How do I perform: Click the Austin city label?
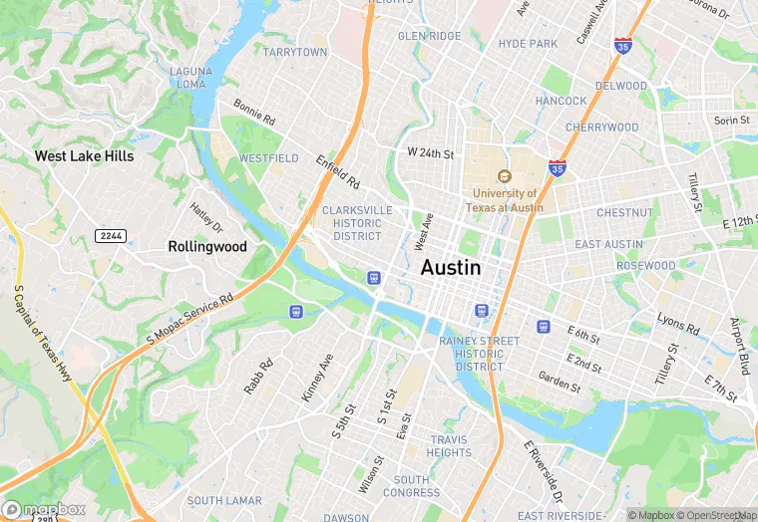coord(450,268)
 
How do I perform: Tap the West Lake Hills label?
coord(84,156)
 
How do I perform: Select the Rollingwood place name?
coord(206,246)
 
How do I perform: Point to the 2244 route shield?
coord(111,235)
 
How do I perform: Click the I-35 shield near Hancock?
coord(559,169)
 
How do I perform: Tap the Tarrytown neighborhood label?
coord(295,52)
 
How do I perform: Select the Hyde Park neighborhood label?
coord(528,44)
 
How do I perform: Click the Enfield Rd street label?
coord(337,171)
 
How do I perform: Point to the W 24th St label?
coord(430,154)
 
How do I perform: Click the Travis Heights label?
coord(450,446)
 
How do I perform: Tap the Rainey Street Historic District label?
coord(480,354)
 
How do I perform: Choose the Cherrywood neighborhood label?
coord(601,128)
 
